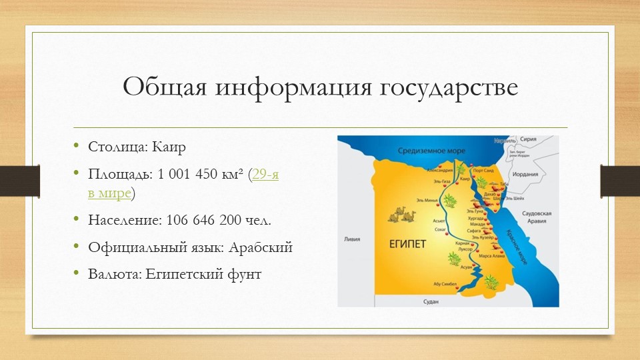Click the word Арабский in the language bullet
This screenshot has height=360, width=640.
pyautogui.click(x=261, y=247)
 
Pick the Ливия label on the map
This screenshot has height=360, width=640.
pyautogui.click(x=351, y=238)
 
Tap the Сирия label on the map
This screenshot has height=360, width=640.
pyautogui.click(x=529, y=141)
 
